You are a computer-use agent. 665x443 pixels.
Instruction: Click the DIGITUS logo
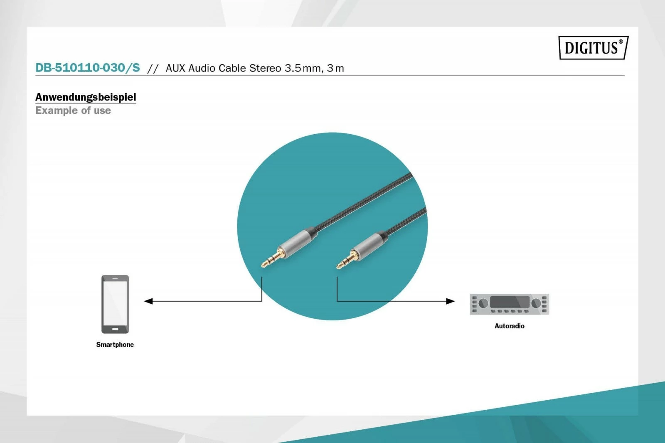click(593, 48)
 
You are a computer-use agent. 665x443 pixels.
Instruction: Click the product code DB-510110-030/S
click(88, 68)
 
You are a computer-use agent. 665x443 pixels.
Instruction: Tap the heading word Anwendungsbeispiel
click(86, 97)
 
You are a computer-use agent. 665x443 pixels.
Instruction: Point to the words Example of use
click(73, 111)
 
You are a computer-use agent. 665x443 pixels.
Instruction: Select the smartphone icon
click(115, 304)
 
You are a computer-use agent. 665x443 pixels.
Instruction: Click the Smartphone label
click(115, 345)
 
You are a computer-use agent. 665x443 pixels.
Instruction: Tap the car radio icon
click(509, 304)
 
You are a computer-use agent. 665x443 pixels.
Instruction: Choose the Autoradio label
click(509, 326)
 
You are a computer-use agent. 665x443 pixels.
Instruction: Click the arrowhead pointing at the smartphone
click(148, 301)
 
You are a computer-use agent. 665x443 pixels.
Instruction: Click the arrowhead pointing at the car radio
click(451, 301)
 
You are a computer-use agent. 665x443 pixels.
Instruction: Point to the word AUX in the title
click(175, 68)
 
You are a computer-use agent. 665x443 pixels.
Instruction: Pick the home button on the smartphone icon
click(115, 329)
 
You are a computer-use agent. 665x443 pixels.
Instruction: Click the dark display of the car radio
click(510, 302)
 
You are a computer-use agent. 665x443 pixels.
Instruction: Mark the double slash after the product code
click(153, 69)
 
